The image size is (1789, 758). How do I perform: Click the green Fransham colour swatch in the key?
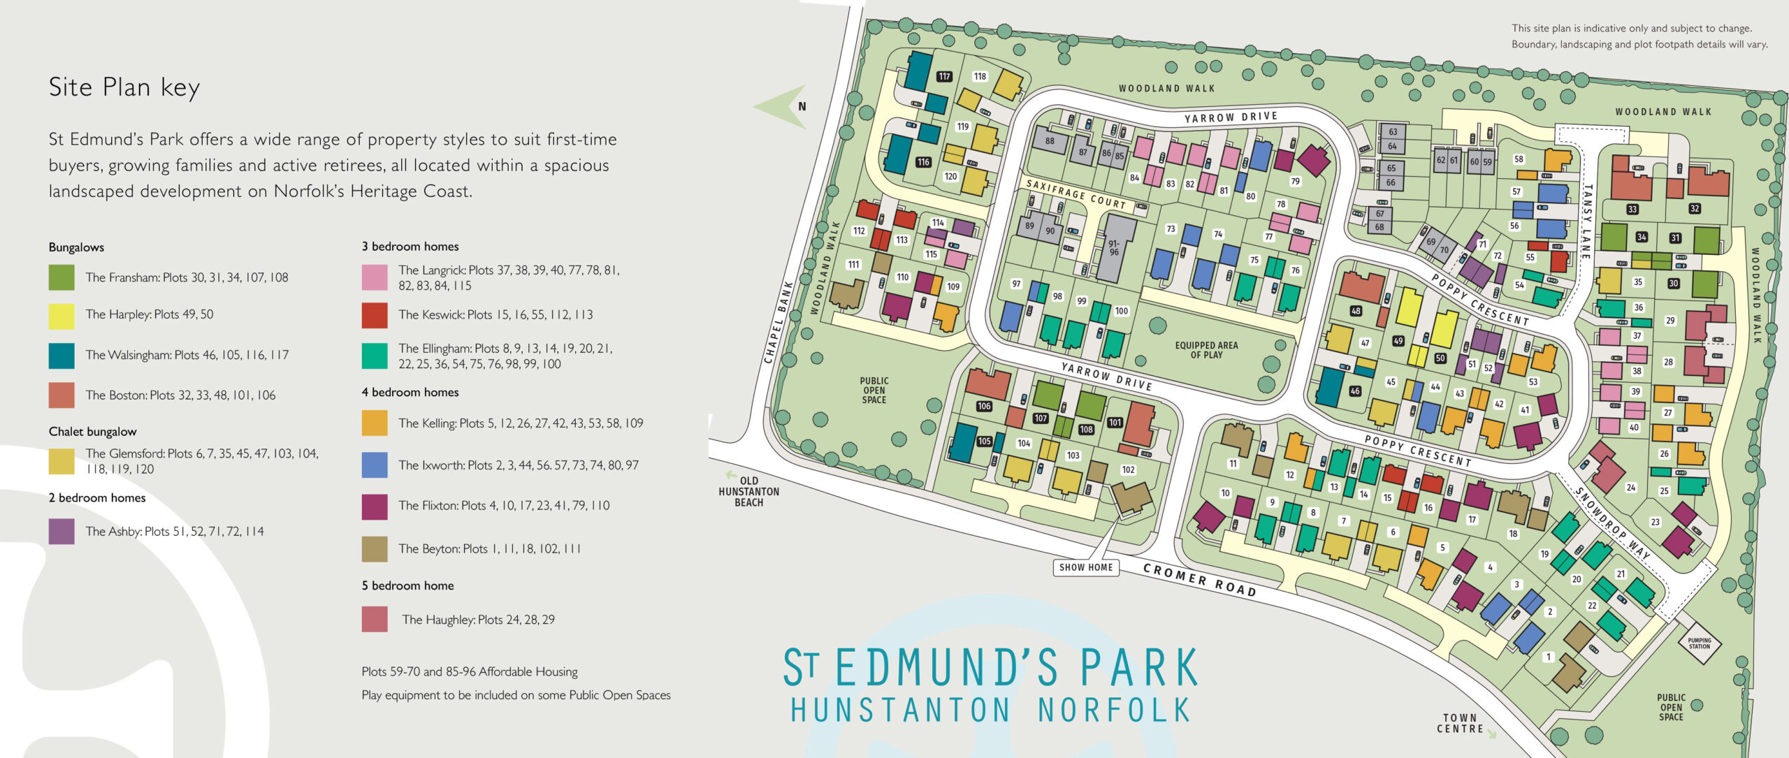tap(61, 277)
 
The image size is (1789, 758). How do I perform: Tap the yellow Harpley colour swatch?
tap(61, 316)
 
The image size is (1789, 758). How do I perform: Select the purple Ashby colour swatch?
tap(61, 532)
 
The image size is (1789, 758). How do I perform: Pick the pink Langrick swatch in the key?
tap(375, 277)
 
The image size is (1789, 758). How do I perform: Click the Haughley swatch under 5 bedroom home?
tap(375, 620)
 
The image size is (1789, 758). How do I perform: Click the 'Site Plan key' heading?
tap(124, 88)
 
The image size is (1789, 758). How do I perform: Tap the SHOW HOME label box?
tap(1085, 567)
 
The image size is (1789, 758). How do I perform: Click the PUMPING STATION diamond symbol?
tap(1699, 643)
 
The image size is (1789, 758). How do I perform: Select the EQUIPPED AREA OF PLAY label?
tap(1206, 350)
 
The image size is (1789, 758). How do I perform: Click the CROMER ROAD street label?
tap(1199, 580)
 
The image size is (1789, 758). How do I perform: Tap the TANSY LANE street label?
tap(1587, 221)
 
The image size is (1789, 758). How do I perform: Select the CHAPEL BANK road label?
tap(778, 322)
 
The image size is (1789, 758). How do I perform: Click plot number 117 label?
tap(945, 77)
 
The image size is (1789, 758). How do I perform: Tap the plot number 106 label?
tap(984, 406)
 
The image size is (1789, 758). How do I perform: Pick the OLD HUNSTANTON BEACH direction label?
tap(748, 491)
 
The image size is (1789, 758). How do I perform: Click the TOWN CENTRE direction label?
tap(1461, 723)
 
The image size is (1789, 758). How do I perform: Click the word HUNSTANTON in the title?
tap(901, 710)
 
